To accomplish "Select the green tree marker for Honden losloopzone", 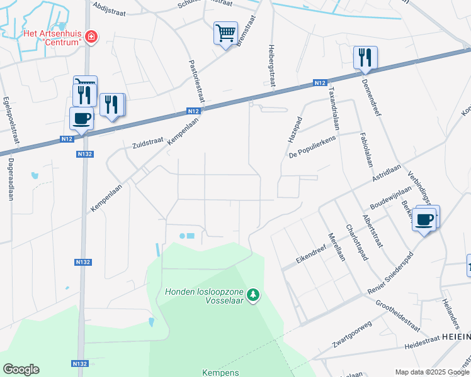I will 253,295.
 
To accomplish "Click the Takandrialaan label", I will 331,108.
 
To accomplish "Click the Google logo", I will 21,369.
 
